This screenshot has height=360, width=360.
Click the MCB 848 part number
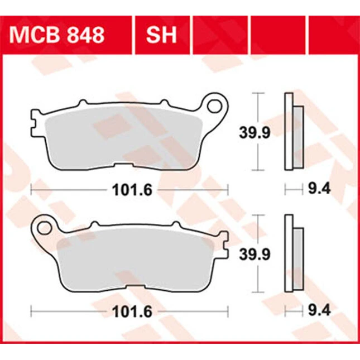pos(57,35)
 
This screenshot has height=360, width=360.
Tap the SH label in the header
pos(161,35)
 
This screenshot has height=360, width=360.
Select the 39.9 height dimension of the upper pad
pos(255,133)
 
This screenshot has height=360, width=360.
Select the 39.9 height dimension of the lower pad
pos(255,255)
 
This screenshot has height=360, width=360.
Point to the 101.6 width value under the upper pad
pos(132,190)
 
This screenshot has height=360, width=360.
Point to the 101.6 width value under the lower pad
pos(132,312)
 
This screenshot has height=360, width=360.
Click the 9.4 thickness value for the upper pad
pos(319,189)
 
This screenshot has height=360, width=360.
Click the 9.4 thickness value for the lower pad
pos(319,311)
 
